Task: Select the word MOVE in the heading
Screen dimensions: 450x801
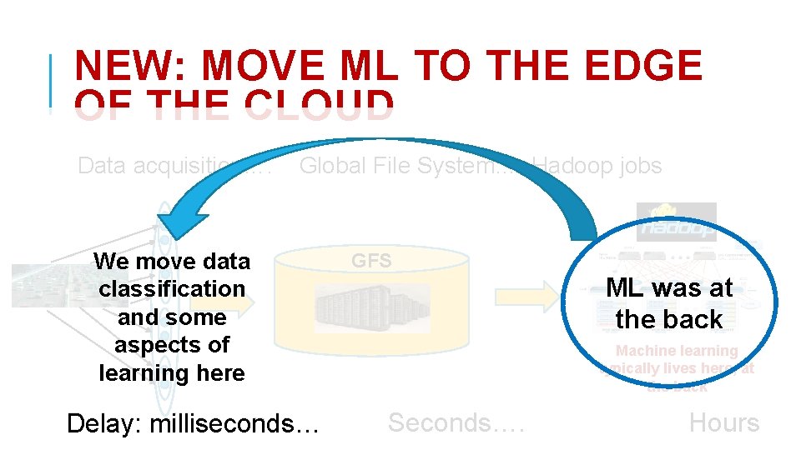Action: click(x=264, y=67)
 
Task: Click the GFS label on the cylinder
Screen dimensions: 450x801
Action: click(x=371, y=261)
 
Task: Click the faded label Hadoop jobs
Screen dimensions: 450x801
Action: click(x=597, y=166)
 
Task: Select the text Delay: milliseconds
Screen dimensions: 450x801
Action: click(x=193, y=423)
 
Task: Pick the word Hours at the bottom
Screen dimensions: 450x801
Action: click(x=723, y=423)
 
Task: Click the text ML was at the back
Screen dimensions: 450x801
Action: click(x=669, y=303)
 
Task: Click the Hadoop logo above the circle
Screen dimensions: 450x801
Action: click(x=677, y=222)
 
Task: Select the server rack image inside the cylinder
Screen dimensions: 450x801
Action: click(x=372, y=308)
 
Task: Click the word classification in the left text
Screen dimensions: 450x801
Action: click(x=172, y=289)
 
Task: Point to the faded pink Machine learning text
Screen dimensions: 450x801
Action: click(x=677, y=352)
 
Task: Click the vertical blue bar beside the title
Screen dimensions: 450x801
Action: click(x=52, y=82)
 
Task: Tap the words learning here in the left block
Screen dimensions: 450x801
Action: click(x=172, y=373)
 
